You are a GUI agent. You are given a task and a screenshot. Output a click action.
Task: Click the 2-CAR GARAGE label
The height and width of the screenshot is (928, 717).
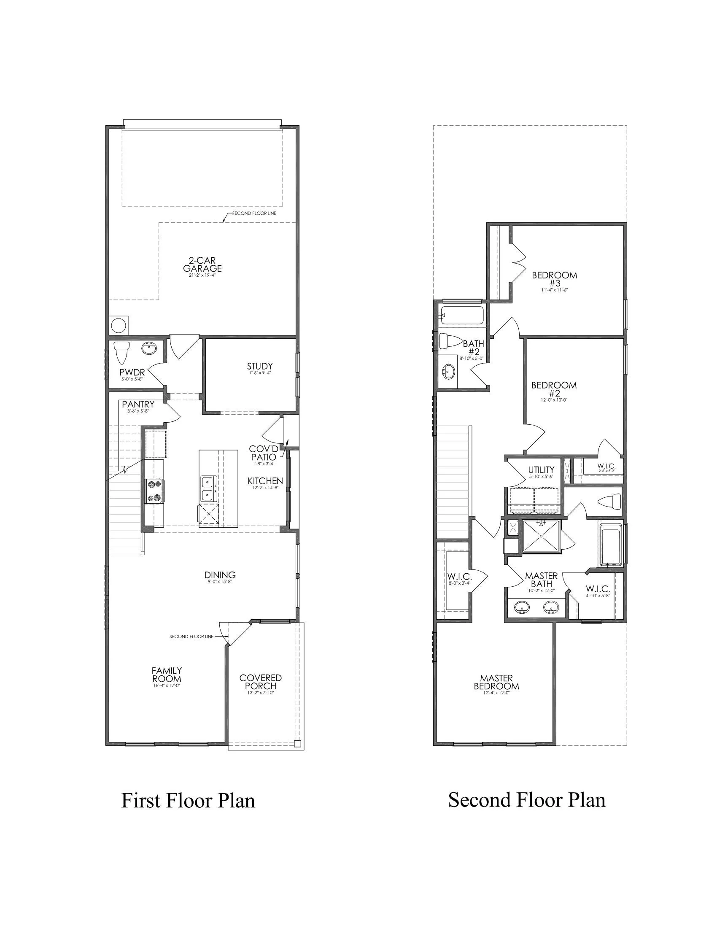point(202,265)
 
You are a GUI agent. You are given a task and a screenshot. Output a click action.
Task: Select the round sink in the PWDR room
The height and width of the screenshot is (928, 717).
point(149,349)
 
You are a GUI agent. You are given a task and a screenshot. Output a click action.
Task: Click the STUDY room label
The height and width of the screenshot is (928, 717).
point(259,366)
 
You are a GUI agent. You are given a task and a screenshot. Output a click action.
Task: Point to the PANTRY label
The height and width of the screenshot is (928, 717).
point(138,404)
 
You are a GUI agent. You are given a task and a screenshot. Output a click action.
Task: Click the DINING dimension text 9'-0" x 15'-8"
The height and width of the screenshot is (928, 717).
point(220,582)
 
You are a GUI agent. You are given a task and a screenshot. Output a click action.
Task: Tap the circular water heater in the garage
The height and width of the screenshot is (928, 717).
point(119,326)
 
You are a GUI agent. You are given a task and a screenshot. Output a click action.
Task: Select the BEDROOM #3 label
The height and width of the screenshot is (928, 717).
point(554,279)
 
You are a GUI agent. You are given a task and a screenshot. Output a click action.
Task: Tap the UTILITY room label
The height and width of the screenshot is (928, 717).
point(541,469)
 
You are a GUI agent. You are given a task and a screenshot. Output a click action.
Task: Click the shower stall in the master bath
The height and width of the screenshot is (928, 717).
point(541,536)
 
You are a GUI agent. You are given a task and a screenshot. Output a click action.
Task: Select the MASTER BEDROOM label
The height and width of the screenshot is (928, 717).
point(496,682)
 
